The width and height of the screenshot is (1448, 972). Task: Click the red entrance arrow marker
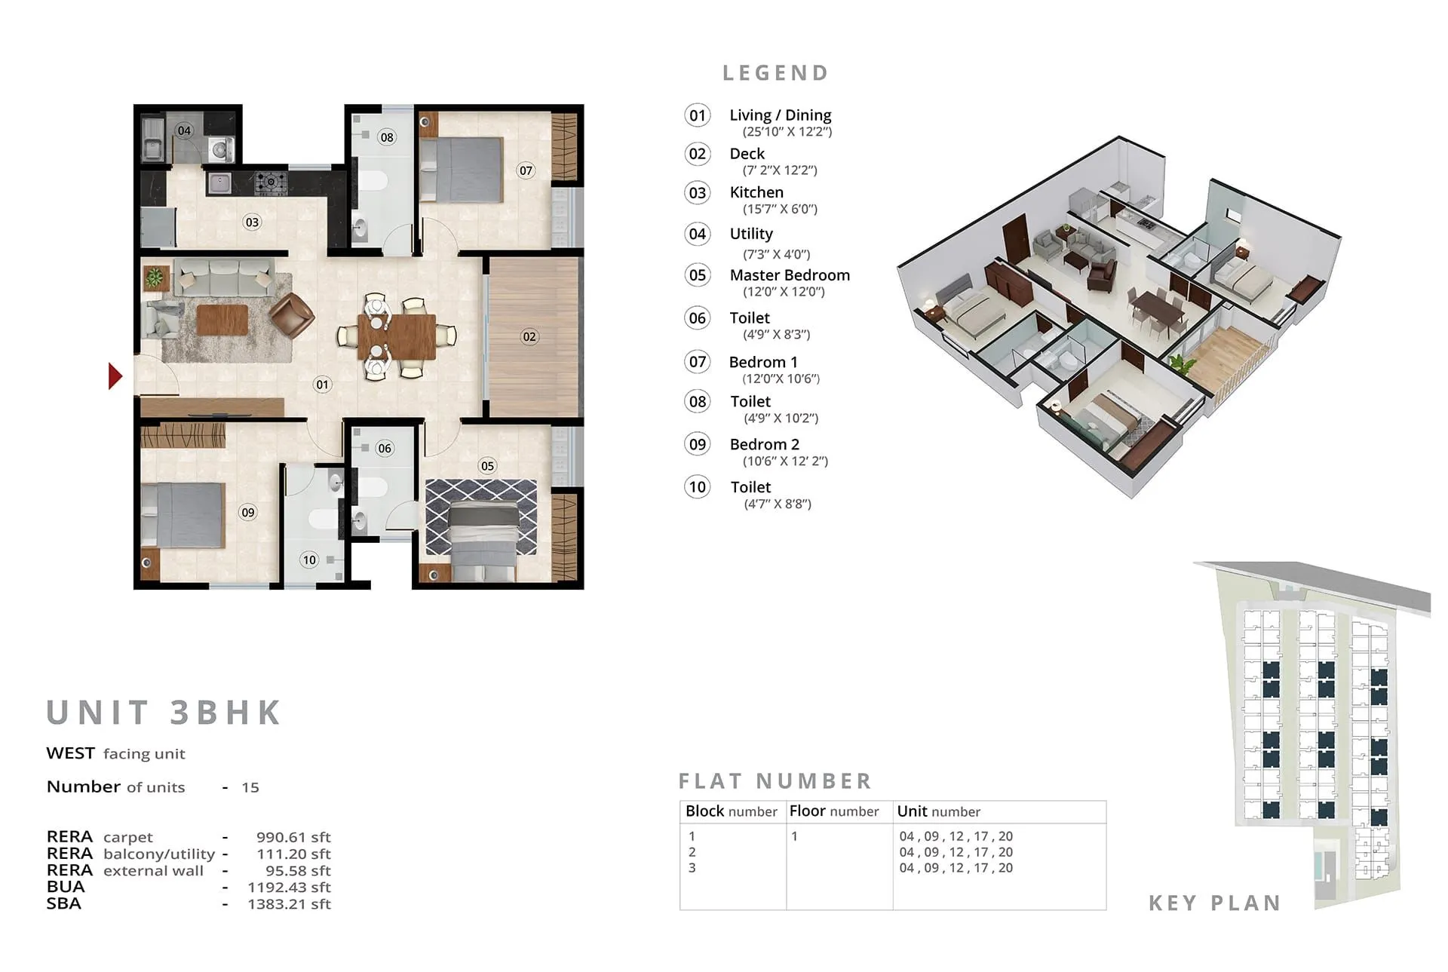pyautogui.click(x=115, y=376)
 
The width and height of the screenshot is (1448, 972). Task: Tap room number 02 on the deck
pyautogui.click(x=529, y=337)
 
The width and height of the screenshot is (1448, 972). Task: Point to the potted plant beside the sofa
pyautogui.click(x=155, y=277)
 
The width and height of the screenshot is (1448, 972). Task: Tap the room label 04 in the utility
pyautogui.click(x=184, y=130)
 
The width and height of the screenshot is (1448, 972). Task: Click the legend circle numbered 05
pyautogui.click(x=698, y=275)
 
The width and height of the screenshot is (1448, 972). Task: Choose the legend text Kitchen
pyautogui.click(x=756, y=192)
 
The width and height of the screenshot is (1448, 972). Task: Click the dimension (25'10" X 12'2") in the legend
pyautogui.click(x=787, y=132)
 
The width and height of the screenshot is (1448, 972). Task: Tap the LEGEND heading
pyautogui.click(x=776, y=73)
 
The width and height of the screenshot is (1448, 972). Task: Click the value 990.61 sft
pyautogui.click(x=293, y=837)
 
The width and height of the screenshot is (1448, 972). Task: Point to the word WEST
pyautogui.click(x=70, y=753)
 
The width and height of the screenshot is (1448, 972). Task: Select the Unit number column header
pyautogui.click(x=938, y=811)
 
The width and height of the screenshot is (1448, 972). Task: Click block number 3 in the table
pyautogui.click(x=692, y=868)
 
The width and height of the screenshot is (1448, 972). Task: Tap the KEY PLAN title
pyautogui.click(x=1214, y=903)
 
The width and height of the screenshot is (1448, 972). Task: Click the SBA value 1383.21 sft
pyautogui.click(x=289, y=903)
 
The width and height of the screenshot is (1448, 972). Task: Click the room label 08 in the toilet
pyautogui.click(x=387, y=137)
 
